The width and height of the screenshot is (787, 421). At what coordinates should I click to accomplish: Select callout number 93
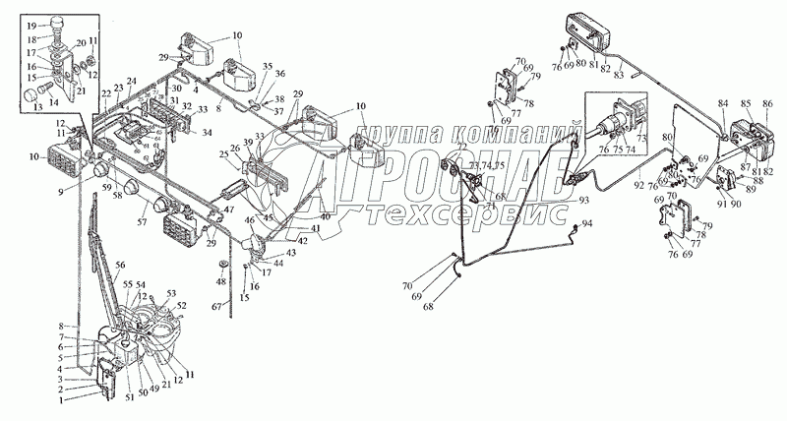584,201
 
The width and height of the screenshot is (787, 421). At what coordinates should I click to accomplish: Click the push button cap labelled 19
57,22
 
